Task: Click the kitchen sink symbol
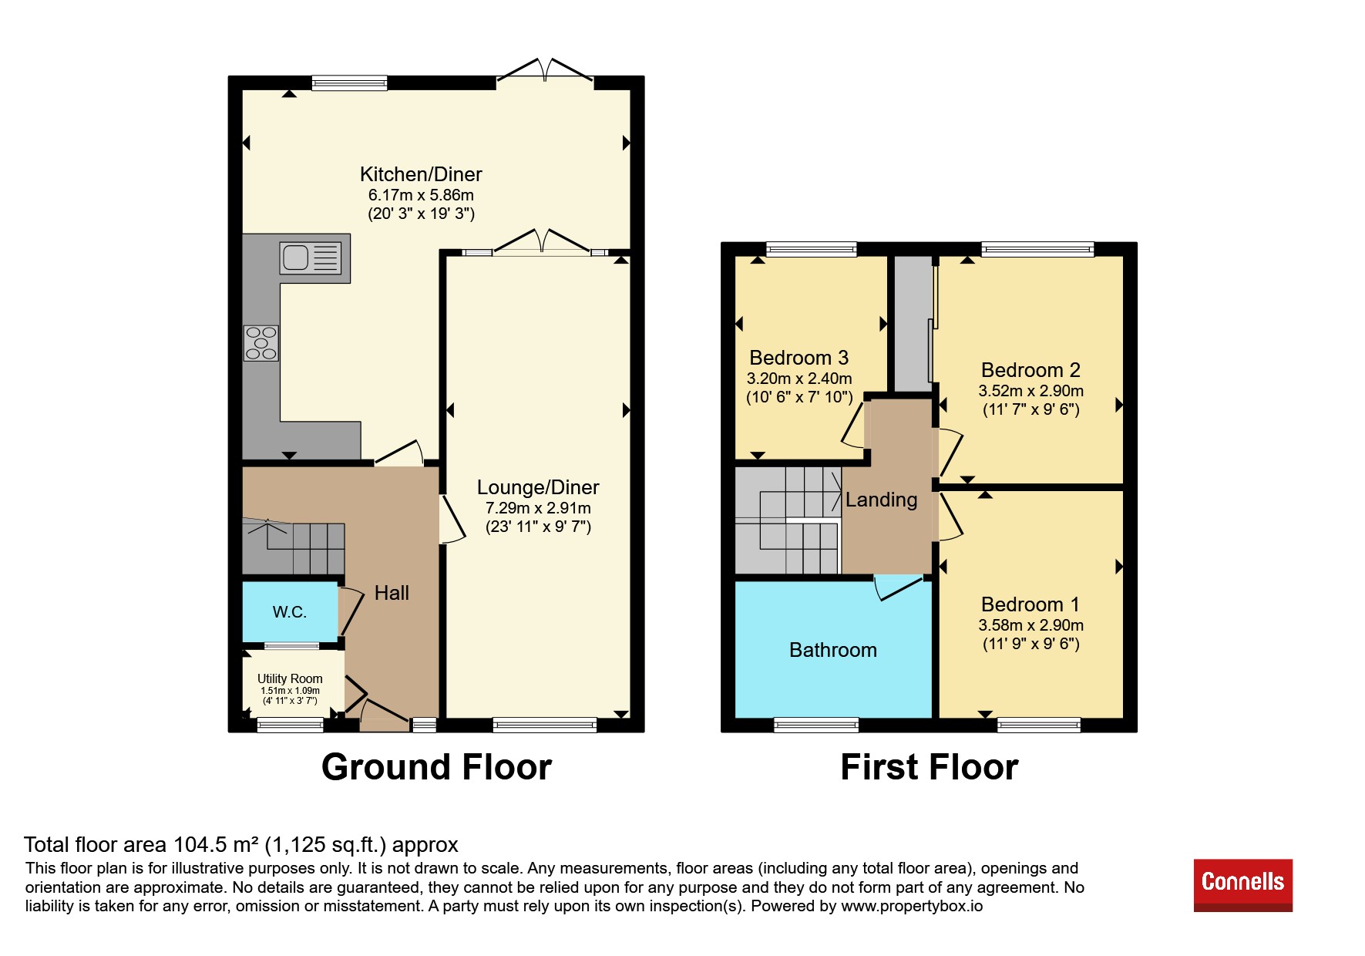click(310, 258)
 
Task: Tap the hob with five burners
click(261, 343)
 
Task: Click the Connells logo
click(1242, 885)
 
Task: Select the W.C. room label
click(290, 612)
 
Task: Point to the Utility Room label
click(290, 678)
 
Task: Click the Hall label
click(392, 593)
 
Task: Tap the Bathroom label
click(833, 650)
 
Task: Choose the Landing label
click(882, 500)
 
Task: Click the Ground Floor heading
click(436, 767)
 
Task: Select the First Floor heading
click(930, 767)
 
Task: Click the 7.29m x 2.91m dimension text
click(538, 508)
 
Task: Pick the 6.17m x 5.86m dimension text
click(421, 195)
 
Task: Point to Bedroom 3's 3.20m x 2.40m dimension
click(799, 379)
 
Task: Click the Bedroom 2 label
click(1030, 370)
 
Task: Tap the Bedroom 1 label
click(1030, 604)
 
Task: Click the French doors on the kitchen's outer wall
click(545, 71)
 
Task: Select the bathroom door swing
click(898, 588)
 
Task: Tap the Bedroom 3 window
click(812, 249)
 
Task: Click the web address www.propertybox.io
click(912, 906)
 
